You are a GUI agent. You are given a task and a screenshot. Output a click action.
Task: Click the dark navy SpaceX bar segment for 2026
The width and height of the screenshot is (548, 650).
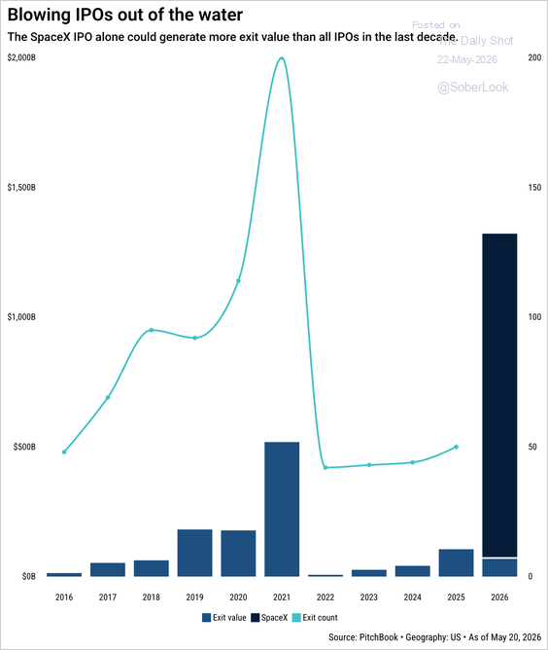pos(499,395)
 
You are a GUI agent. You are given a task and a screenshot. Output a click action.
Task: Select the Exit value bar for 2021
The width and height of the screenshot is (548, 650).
pos(282,509)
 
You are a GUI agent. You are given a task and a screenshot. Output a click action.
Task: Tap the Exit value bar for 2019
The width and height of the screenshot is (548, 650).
pos(195,553)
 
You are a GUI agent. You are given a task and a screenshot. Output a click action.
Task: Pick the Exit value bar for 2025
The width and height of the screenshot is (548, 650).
pos(456,562)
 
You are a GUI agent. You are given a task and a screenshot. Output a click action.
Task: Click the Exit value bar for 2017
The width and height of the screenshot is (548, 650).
pos(108,569)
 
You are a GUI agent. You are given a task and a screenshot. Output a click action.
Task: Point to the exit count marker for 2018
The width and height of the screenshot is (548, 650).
pos(151,330)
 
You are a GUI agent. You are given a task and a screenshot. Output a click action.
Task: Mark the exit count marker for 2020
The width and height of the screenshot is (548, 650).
pos(238,280)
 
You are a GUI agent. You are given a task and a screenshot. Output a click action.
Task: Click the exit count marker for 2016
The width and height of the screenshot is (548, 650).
pos(64,451)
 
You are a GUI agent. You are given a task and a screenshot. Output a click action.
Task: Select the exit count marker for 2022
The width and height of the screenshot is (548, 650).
pos(325,468)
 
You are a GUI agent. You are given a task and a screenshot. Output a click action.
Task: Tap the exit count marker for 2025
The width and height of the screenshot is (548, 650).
pos(456,447)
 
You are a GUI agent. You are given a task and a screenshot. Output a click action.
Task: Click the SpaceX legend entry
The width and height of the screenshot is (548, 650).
pos(269,618)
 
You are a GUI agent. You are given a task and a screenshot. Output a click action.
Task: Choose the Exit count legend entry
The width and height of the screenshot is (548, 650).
pos(315,618)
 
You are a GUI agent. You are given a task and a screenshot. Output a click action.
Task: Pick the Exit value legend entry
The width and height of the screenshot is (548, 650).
pos(223,618)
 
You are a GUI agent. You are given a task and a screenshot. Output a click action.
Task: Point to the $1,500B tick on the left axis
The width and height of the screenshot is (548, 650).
pos(21,188)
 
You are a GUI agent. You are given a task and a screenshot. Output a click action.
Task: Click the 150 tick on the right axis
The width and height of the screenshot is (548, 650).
pos(534,188)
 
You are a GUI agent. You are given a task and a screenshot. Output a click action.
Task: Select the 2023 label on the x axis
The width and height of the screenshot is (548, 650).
pos(369,597)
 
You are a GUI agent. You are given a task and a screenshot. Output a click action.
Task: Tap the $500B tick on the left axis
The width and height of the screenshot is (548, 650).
pos(24,447)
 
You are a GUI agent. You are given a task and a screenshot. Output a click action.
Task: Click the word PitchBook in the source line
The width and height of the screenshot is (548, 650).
pos(378,637)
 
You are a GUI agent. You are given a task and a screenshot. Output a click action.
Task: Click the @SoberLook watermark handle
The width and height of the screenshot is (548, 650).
pos(473,87)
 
